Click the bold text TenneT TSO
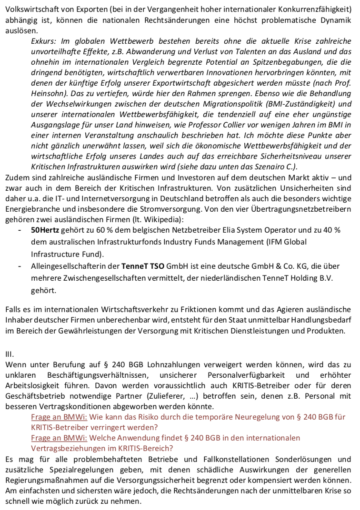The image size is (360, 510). pos(141,266)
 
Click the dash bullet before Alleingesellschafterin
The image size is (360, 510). pos(19,266)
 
